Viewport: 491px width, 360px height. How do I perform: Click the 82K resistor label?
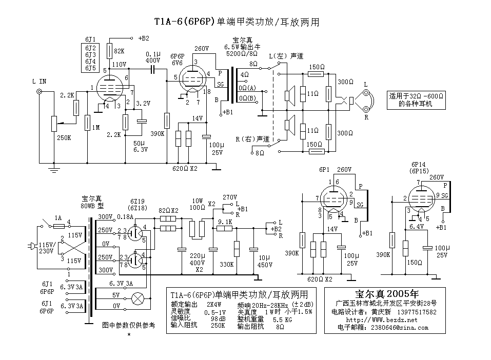[120, 51]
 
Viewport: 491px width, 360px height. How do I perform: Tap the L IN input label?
[39, 81]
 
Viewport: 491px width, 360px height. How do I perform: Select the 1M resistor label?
[96, 127]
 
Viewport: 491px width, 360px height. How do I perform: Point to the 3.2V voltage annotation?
[142, 103]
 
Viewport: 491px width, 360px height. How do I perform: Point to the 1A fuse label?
[58, 218]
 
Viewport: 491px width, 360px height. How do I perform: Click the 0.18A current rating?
[125, 217]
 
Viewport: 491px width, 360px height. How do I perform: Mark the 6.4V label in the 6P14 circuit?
[416, 226]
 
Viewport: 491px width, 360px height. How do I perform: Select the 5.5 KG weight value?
[292, 319]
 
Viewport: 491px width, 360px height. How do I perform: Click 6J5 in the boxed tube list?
[90, 68]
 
